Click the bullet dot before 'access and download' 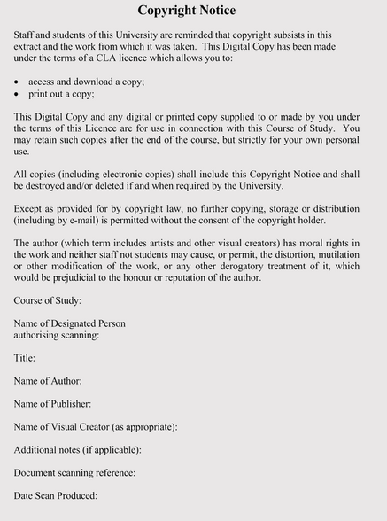click(18, 82)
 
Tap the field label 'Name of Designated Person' click(70, 324)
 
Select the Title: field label click(25, 358)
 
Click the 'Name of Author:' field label click(48, 381)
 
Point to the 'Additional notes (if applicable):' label click(78, 450)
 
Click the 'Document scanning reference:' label click(74, 473)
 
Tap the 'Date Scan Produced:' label click(55, 496)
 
